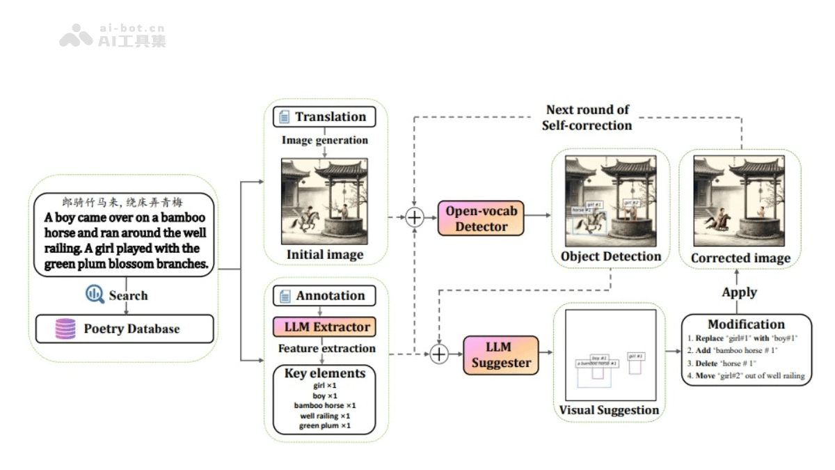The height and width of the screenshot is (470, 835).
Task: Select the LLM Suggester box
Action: click(500, 354)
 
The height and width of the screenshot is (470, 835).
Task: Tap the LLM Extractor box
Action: click(322, 326)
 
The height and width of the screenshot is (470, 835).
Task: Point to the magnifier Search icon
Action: click(95, 295)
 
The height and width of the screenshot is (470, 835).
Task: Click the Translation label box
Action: click(323, 116)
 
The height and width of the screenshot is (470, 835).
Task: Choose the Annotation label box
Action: click(323, 295)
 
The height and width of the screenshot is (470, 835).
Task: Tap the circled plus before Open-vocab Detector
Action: click(415, 217)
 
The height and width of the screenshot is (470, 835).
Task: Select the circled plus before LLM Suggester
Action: click(439, 354)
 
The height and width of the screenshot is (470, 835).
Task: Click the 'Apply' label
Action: click(739, 292)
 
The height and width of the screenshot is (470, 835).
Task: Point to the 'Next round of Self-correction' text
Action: click(587, 118)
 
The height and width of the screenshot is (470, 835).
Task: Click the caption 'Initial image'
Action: click(325, 254)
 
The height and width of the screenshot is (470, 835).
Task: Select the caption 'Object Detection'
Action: click(611, 256)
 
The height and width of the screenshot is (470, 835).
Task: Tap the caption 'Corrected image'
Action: click(740, 258)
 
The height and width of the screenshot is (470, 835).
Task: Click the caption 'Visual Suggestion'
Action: click(609, 409)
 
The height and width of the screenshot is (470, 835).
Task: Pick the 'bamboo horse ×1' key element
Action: click(324, 405)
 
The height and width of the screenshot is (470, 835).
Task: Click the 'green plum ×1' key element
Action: click(324, 425)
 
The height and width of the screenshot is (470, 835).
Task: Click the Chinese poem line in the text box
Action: click(122, 203)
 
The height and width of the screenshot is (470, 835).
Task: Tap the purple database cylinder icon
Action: click(65, 329)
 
